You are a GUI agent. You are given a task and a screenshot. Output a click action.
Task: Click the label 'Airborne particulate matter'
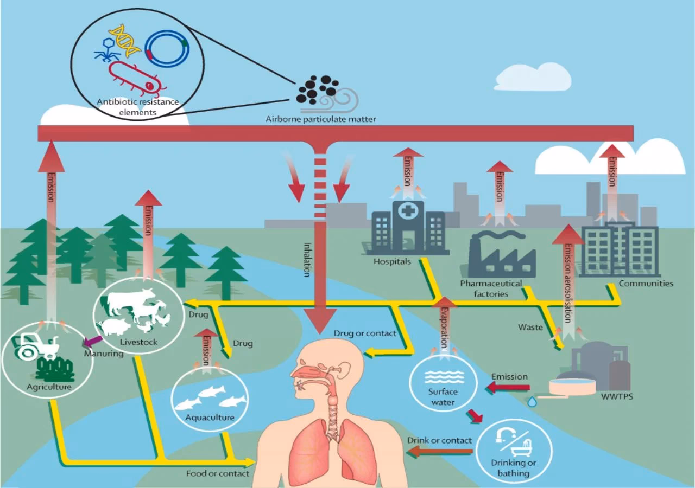pyautogui.click(x=320, y=119)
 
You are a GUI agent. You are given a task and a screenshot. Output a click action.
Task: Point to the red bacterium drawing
pyautogui.click(x=136, y=77)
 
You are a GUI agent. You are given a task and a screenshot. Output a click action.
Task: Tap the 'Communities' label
pyautogui.click(x=646, y=284)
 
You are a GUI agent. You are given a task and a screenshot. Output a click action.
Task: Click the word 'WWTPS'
pyautogui.click(x=617, y=396)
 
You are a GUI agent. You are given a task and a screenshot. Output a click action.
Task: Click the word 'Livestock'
pyautogui.click(x=138, y=342)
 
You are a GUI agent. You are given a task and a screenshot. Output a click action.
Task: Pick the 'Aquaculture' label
pyautogui.click(x=210, y=418)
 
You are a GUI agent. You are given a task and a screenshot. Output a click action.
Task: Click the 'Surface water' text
pyautogui.click(x=443, y=397)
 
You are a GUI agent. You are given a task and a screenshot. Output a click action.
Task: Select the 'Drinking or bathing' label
pyautogui.click(x=513, y=467)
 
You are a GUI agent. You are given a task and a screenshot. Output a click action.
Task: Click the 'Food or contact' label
pyautogui.click(x=217, y=473)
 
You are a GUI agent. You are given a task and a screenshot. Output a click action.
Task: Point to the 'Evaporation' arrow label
pyautogui.click(x=445, y=326)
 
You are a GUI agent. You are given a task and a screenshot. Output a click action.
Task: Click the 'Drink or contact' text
pyautogui.click(x=439, y=440)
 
